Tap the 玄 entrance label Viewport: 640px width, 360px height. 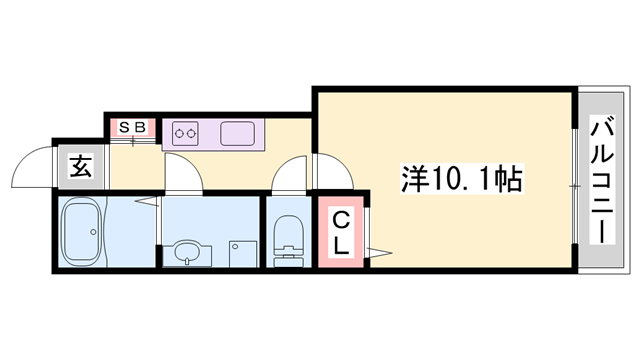[x=80, y=167]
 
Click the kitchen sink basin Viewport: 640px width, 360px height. [x=237, y=132]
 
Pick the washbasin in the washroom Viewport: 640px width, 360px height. [x=187, y=255]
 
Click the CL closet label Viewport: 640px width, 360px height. [x=341, y=232]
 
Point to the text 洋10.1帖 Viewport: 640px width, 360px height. [x=450, y=181]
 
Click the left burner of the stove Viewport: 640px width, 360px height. [x=181, y=132]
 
